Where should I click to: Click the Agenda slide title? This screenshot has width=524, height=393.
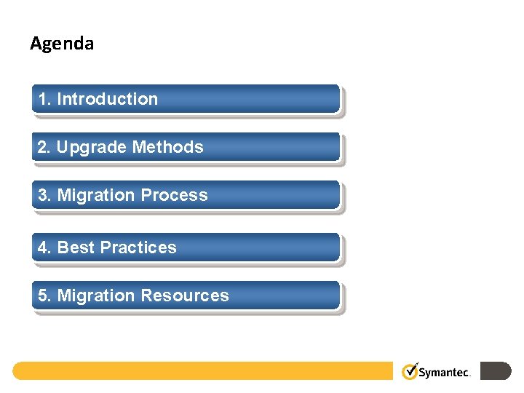point(62,44)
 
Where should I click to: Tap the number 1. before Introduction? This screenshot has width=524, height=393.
point(45,99)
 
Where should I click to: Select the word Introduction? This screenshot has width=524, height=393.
point(107,99)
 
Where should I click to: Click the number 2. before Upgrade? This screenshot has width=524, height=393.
point(45,147)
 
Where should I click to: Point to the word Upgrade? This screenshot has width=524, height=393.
point(92,147)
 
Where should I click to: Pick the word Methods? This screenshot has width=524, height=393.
point(167,147)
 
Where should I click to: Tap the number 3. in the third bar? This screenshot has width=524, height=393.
point(45,195)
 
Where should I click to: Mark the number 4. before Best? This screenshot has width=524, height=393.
point(45,247)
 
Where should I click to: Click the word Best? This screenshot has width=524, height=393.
point(76,247)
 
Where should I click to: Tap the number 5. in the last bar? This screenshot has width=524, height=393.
point(45,295)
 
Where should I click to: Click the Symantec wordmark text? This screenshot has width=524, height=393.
point(445,372)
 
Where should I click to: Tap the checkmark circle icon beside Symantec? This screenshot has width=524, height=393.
point(410,372)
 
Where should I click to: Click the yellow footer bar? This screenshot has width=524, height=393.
point(204,371)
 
